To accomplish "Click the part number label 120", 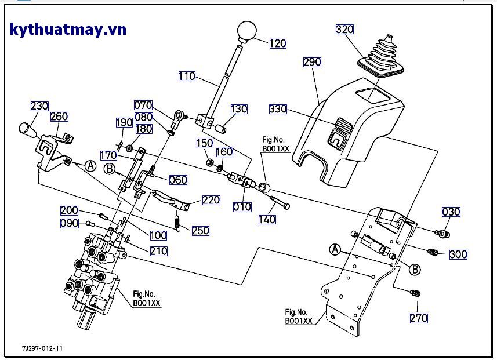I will coord(278,43).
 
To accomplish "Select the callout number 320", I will coord(344,30).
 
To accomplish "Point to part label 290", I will coord(312,61).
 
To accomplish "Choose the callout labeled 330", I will coord(278,109).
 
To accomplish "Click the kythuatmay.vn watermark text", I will coord(68,30).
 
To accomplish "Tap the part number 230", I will coord(39,106).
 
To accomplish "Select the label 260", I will coord(59,117).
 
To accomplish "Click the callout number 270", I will coord(419,318).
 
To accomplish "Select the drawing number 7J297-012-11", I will coord(42,348).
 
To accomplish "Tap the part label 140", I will coord(267,220).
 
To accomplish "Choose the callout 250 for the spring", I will coord(200,231).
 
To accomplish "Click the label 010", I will coord(242,207).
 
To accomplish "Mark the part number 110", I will coord(187,77).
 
